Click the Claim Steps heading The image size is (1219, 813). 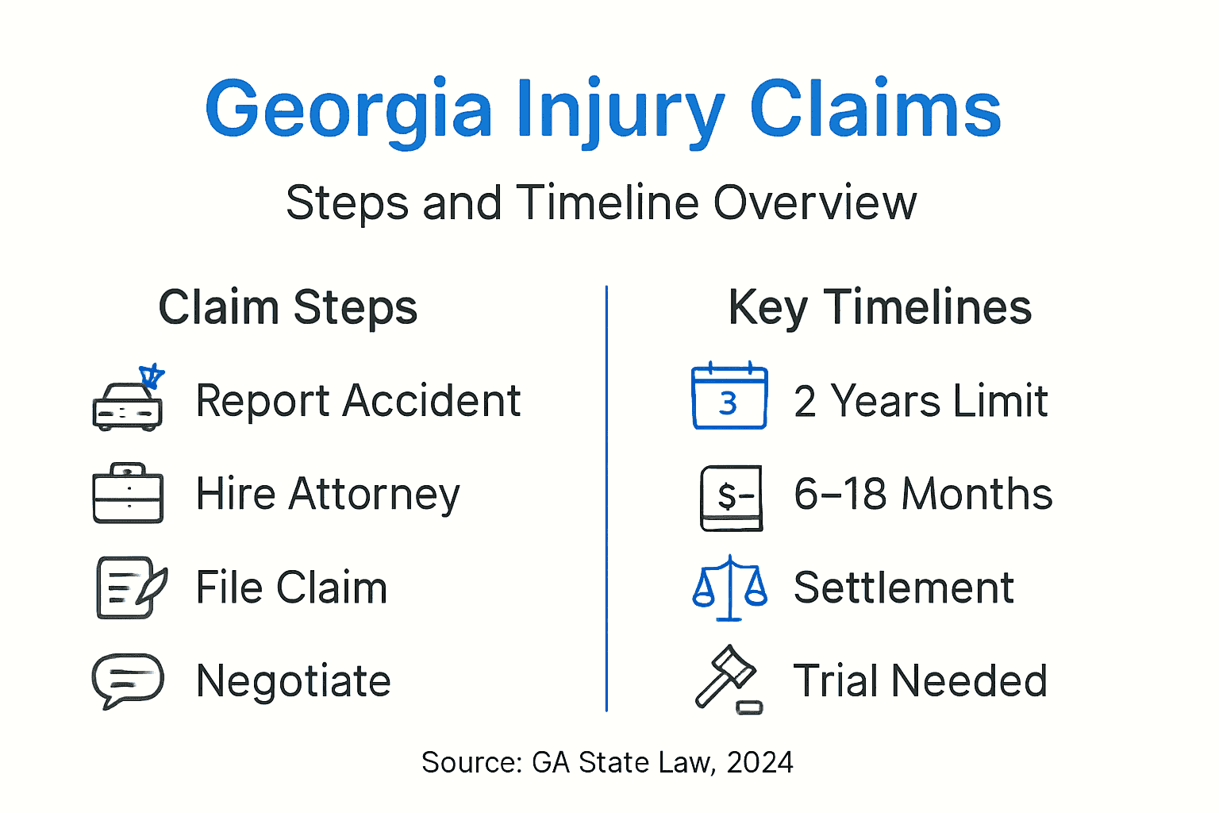point(288,307)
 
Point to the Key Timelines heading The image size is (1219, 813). point(879,307)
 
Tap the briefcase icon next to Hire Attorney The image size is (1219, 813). point(129,494)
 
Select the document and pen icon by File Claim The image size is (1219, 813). point(130,588)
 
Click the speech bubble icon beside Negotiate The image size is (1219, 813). point(128,680)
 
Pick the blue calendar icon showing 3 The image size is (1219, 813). point(729,397)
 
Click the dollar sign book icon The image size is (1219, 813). point(732,497)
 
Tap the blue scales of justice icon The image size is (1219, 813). point(730,588)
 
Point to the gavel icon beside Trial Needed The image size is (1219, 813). point(728,679)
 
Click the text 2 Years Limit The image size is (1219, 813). point(921,401)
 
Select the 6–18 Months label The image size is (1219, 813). point(923,494)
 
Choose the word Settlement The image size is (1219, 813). point(904,588)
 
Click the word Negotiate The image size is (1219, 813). point(294,681)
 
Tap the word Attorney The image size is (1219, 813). point(375,494)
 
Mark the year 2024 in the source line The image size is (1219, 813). point(759,762)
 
